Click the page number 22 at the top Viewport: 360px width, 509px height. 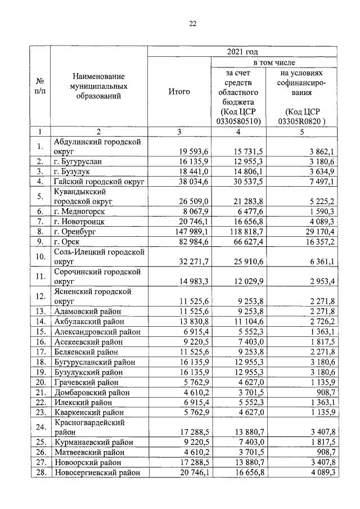click(x=192, y=24)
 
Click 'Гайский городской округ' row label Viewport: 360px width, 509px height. click(x=100, y=181)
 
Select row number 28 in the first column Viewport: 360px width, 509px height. click(x=40, y=473)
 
